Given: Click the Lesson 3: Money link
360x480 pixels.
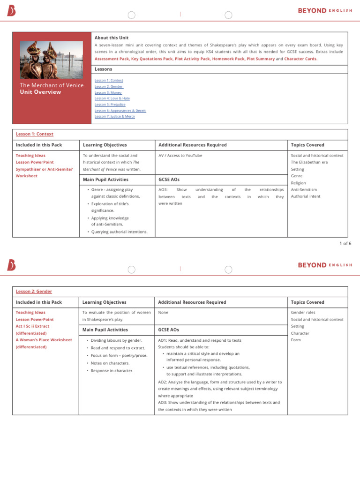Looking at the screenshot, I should pyautogui.click(x=108, y=92).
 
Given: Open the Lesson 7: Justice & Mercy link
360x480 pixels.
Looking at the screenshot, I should pyautogui.click(x=114, y=116).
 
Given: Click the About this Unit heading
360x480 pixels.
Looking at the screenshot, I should pyautogui.click(x=111, y=37).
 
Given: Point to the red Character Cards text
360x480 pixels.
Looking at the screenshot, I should pyautogui.click(x=300, y=59).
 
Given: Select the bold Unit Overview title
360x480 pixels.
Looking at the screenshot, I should pyautogui.click(x=40, y=92).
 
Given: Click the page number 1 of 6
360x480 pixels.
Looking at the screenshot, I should pyautogui.click(x=345, y=243).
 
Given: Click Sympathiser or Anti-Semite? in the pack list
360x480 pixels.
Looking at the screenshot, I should pyautogui.click(x=44, y=169).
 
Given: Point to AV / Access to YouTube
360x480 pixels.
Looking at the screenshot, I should pyautogui.click(x=180, y=156).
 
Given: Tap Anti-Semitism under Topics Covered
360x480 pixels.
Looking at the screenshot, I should pyautogui.click(x=305, y=190).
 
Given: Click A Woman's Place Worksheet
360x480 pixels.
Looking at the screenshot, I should pyautogui.click(x=44, y=340).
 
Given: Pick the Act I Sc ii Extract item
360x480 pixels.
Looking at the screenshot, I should pyautogui.click(x=32, y=326).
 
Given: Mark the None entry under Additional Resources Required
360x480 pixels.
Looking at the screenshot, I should pyautogui.click(x=163, y=312).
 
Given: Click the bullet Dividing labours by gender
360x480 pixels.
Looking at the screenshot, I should pyautogui.click(x=116, y=340).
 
